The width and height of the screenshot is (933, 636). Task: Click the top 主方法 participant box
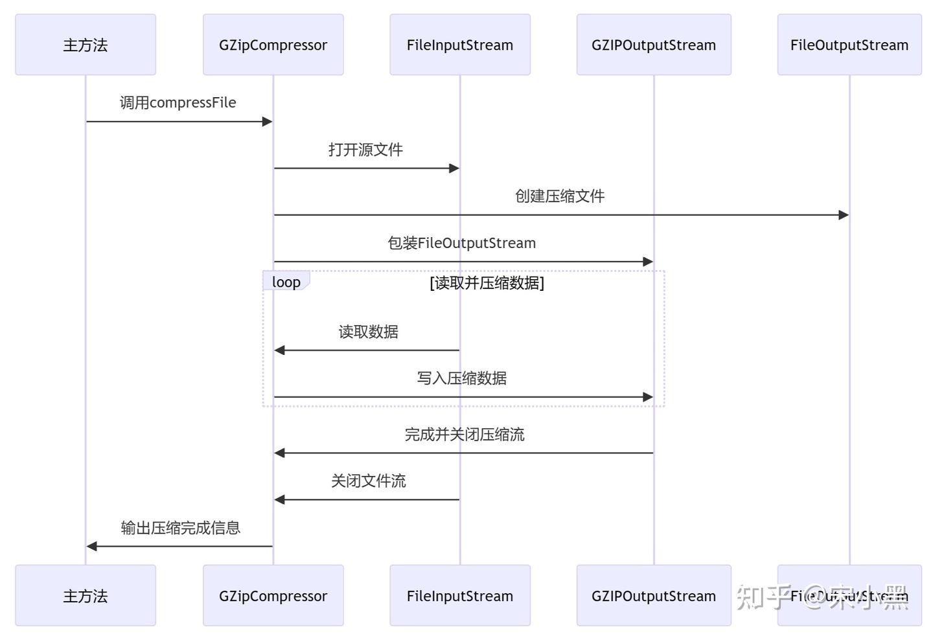(x=86, y=45)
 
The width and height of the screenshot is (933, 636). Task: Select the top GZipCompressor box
(x=273, y=45)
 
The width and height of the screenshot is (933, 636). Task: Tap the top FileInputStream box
(x=460, y=45)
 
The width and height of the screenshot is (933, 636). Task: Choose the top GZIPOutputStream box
(x=654, y=45)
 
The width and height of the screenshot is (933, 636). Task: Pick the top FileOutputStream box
(x=849, y=45)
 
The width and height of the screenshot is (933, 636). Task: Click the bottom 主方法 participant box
(x=86, y=595)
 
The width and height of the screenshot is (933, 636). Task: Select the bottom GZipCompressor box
(x=273, y=595)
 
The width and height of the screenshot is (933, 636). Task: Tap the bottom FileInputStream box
(x=460, y=595)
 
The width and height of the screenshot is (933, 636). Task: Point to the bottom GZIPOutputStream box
(x=654, y=595)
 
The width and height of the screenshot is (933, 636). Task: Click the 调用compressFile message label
(x=178, y=102)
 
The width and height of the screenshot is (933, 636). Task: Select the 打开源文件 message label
(x=365, y=150)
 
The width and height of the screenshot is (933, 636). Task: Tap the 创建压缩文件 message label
(x=560, y=196)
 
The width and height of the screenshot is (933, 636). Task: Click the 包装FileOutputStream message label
(x=461, y=243)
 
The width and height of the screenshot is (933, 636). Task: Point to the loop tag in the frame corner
(x=286, y=282)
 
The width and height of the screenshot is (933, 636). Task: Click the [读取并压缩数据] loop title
(x=487, y=282)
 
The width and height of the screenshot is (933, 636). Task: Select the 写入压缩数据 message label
(x=461, y=378)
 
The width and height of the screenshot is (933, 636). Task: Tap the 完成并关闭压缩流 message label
(x=464, y=435)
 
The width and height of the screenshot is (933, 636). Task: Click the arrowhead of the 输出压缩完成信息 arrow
(x=92, y=546)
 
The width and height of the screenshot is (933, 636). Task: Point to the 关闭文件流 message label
(x=368, y=481)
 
